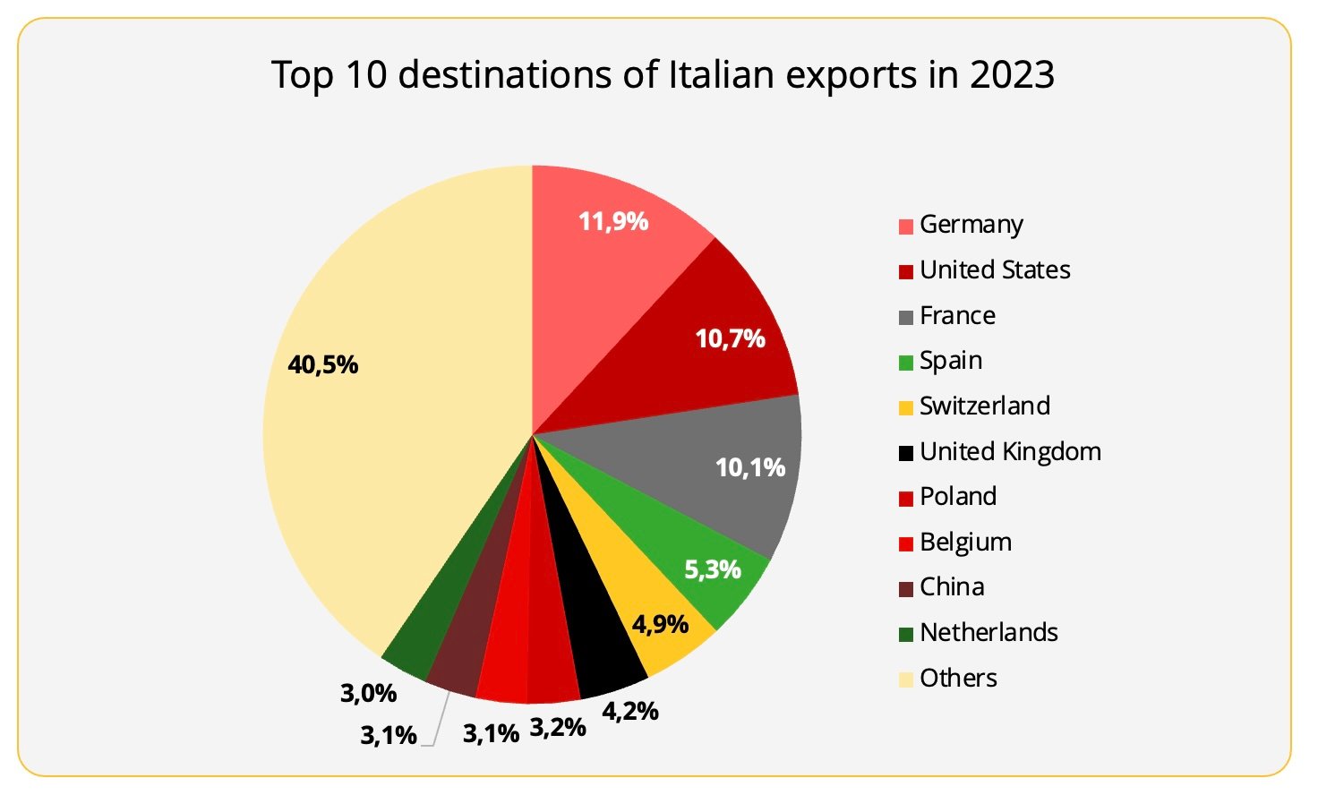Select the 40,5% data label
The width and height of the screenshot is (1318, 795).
click(322, 364)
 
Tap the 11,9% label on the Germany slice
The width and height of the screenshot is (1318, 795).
click(613, 221)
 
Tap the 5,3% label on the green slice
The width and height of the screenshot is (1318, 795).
click(713, 569)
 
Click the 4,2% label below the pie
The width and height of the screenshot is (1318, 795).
click(630, 712)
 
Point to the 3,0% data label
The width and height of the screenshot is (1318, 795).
click(368, 693)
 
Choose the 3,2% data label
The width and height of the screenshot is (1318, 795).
click(558, 727)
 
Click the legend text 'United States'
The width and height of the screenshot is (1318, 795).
click(995, 269)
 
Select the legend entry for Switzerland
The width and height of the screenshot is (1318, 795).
click(985, 406)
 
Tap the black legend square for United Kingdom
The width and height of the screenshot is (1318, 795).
click(906, 453)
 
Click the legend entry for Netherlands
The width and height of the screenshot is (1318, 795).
click(988, 632)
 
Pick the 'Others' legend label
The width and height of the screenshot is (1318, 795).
click(958, 678)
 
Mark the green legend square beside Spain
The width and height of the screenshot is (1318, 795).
click(906, 363)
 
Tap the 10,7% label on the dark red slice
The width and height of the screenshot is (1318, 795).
click(730, 338)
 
